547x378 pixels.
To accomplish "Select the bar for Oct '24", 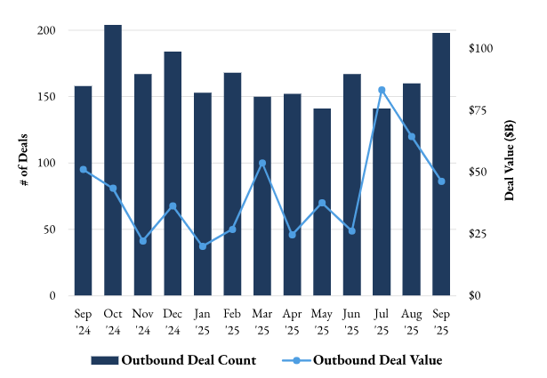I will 113,160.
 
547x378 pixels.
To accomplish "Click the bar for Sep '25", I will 441,164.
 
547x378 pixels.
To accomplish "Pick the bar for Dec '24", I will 173,173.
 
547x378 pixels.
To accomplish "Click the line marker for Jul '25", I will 382,90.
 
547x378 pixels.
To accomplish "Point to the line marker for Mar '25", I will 262,163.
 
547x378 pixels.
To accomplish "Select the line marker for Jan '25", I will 203,246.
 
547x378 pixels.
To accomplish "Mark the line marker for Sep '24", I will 83,169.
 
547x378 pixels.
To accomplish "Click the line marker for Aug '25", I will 412,136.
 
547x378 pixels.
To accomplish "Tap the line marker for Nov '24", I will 142,241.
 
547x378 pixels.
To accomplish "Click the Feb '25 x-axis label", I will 232,321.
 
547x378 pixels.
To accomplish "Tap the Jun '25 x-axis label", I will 351,321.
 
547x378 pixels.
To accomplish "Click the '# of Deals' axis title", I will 24,162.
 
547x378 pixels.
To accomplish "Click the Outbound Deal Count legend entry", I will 173,360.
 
